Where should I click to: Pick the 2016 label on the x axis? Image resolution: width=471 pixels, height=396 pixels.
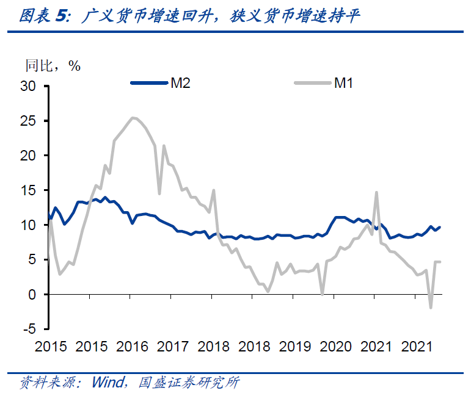coord(132,347)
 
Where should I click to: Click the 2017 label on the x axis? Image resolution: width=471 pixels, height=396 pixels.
coord(173,347)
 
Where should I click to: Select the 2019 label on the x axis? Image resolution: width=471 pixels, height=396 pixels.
coord(295,347)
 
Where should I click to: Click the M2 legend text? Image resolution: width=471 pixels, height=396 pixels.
coord(180,83)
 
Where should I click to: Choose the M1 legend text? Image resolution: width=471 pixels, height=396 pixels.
coord(343,83)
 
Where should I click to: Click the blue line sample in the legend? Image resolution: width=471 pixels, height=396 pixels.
coord(150,83)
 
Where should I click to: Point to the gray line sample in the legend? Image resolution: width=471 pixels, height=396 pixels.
coord(312,83)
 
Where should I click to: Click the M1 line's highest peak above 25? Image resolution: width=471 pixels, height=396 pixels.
coord(133,117)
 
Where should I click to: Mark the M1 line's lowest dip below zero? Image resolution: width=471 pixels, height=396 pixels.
coord(431,308)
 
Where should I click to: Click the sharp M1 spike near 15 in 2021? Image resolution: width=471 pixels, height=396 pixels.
coord(376,192)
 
